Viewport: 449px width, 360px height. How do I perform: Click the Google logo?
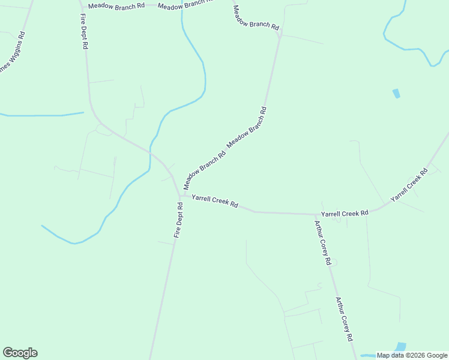20,353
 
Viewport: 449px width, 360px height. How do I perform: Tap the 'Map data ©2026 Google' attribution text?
412,355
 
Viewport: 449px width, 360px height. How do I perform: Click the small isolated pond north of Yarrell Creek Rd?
396,93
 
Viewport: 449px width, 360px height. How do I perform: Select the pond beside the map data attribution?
400,347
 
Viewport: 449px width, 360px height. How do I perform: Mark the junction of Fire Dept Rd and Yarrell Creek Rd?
180,196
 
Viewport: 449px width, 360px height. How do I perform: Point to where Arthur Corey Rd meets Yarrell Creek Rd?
316,214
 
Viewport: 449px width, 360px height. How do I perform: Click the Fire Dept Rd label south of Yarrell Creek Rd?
178,220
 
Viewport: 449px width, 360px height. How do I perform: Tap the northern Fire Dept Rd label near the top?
84,29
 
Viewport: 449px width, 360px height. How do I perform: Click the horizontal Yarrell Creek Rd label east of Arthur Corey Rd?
345,213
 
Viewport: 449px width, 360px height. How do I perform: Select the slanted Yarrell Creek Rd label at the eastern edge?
409,184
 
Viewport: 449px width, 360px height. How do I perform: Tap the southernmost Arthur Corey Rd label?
343,319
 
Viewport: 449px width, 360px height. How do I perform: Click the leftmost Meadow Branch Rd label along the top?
116,5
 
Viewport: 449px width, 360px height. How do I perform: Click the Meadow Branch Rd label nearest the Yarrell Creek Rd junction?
205,169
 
